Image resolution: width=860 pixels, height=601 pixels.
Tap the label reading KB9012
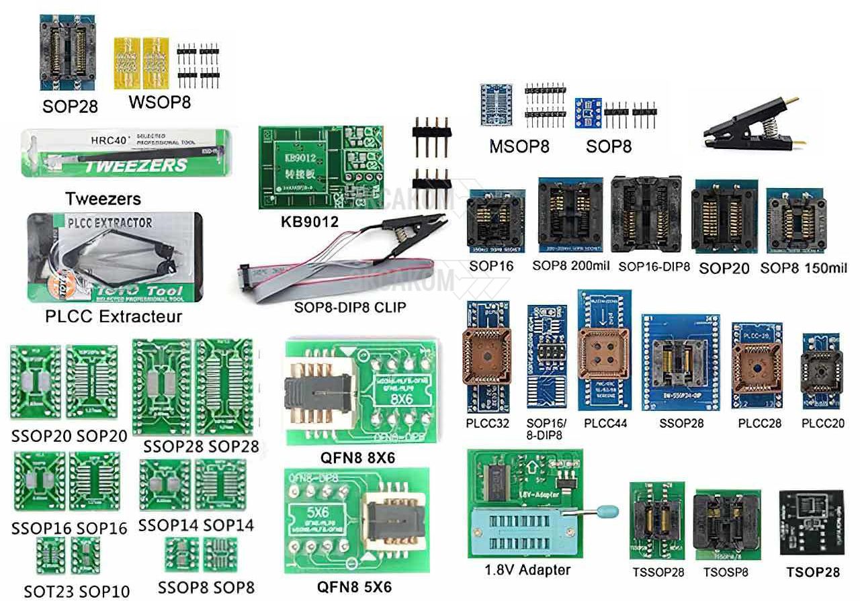tap(309, 221)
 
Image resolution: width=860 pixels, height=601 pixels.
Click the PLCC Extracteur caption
tap(114, 316)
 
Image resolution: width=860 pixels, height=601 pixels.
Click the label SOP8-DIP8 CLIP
tap(350, 308)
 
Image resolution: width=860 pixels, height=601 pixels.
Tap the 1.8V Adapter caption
tap(527, 570)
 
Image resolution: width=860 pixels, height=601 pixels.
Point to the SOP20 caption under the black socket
tap(724, 269)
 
